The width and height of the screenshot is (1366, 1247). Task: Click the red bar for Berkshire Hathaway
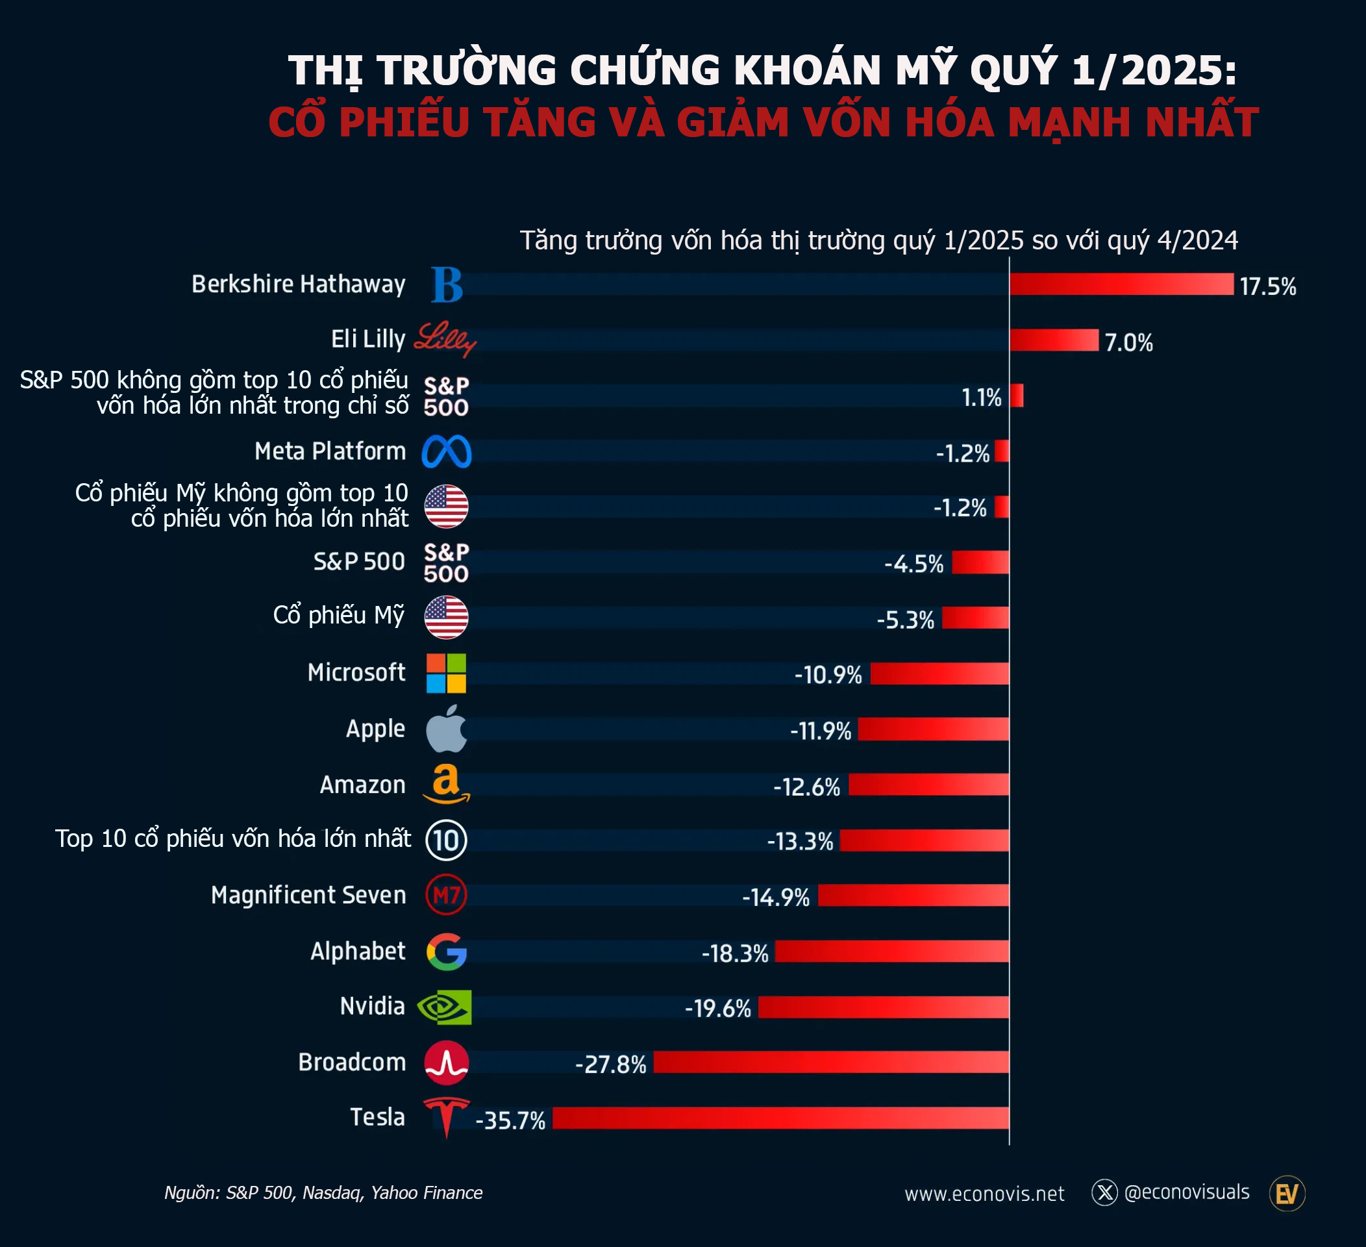pyautogui.click(x=1121, y=284)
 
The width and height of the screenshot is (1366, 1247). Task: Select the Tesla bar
pyautogui.click(x=780, y=1118)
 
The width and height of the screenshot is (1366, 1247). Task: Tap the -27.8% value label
pyautogui.click(x=610, y=1064)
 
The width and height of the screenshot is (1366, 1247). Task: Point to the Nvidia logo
pyautogui.click(x=445, y=1007)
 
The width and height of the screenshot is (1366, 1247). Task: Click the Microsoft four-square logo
pyautogui.click(x=446, y=673)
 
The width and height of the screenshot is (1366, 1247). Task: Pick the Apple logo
pyautogui.click(x=447, y=729)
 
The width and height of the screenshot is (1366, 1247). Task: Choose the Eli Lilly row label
pyautogui.click(x=368, y=339)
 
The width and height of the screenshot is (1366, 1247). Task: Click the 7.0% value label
pyautogui.click(x=1129, y=343)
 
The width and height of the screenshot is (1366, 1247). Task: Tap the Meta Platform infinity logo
pyautogui.click(x=447, y=452)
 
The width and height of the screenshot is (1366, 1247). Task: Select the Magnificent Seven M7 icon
pyautogui.click(x=447, y=895)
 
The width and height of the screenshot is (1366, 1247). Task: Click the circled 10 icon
pyautogui.click(x=447, y=840)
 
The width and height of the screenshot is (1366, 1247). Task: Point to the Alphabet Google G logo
pyautogui.click(x=447, y=951)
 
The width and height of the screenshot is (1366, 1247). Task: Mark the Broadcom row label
pyautogui.click(x=352, y=1062)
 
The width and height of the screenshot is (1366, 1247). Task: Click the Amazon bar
pyautogui.click(x=928, y=785)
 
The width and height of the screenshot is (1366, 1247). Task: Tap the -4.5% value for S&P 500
pyautogui.click(x=913, y=564)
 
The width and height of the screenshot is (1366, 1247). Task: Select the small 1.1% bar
pyautogui.click(x=1016, y=396)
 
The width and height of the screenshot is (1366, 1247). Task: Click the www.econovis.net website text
pyautogui.click(x=984, y=1194)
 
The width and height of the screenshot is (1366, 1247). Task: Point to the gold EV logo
pyautogui.click(x=1287, y=1194)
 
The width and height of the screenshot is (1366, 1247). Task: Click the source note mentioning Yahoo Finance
pyautogui.click(x=323, y=1193)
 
